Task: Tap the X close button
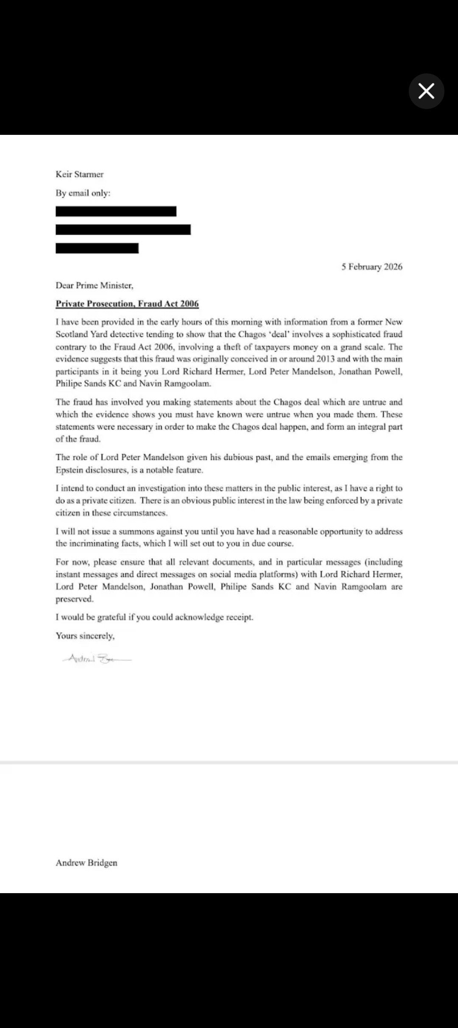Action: (x=426, y=91)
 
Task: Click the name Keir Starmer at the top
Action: (x=79, y=174)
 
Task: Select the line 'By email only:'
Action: (x=83, y=193)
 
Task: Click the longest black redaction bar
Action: (x=123, y=229)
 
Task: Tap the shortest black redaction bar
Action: (x=97, y=248)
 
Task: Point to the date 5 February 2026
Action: (x=372, y=267)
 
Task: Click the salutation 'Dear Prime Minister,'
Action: (x=94, y=285)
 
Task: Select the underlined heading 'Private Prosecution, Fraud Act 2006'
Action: (x=127, y=304)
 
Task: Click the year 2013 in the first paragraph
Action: (x=325, y=359)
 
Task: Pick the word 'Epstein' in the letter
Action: (x=69, y=470)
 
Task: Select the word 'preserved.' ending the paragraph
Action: (x=75, y=599)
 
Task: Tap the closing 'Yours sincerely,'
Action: (x=85, y=636)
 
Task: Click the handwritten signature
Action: (x=97, y=659)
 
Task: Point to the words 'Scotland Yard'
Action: (x=81, y=334)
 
